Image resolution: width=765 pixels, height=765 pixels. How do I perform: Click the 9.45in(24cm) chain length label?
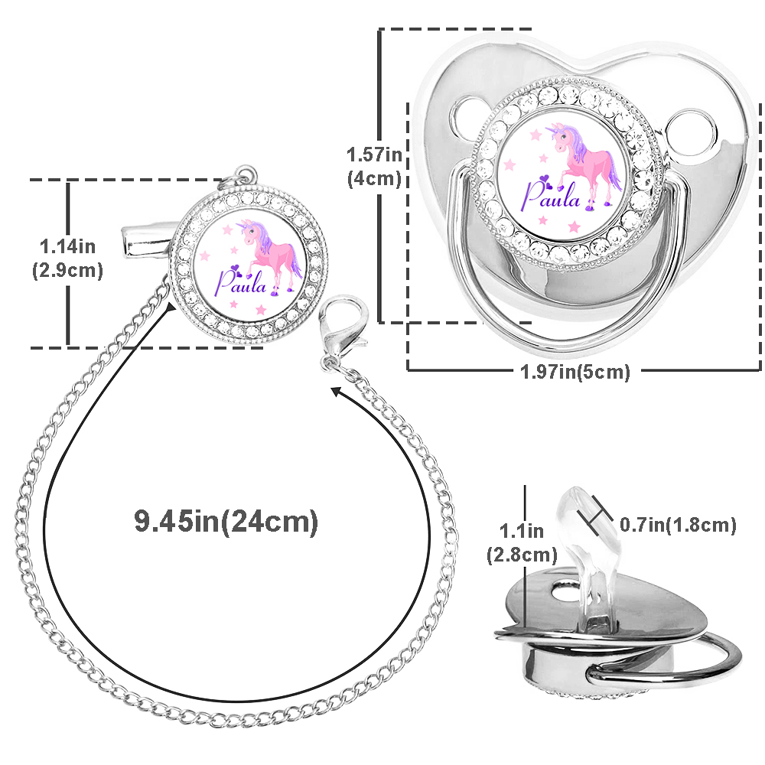click(x=226, y=521)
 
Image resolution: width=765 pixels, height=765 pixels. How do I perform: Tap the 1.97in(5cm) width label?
click(x=575, y=372)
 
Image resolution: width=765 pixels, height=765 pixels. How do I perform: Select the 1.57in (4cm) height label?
click(x=374, y=166)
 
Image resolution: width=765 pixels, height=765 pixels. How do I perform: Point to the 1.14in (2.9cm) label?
click(x=67, y=258)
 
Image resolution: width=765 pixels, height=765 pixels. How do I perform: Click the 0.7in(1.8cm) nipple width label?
click(x=678, y=525)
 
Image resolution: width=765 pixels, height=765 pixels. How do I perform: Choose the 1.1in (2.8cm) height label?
click(x=522, y=543)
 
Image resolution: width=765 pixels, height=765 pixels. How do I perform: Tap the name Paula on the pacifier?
click(x=552, y=195)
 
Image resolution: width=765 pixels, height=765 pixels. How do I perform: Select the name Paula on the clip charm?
click(x=241, y=282)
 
